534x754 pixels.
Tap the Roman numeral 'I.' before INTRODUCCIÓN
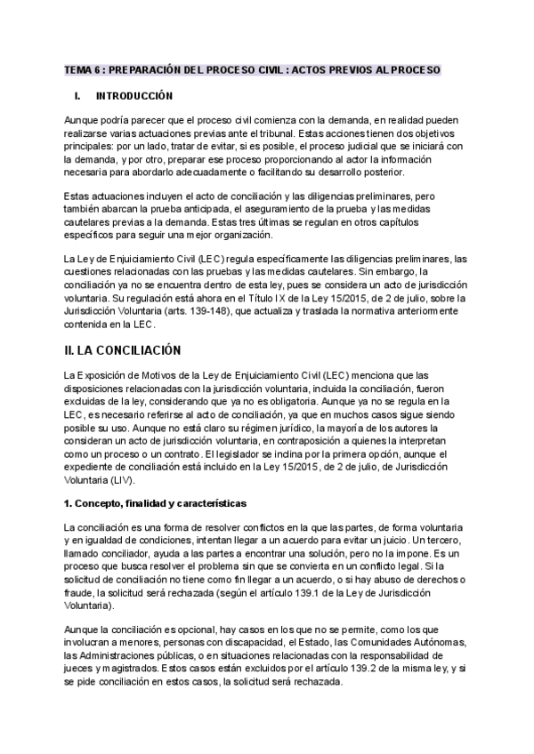coord(77,95)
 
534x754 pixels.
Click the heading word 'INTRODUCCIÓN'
coord(134,95)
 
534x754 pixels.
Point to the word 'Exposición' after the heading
coord(108,376)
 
